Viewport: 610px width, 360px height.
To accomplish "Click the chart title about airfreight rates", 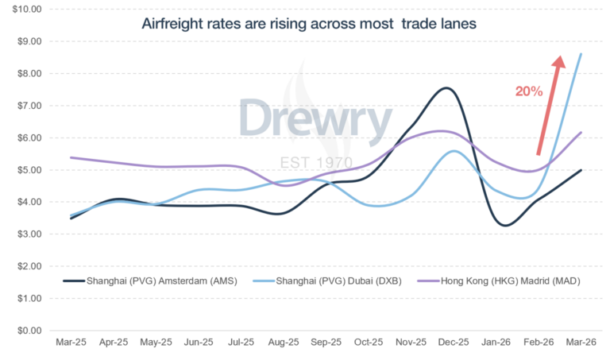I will (x=309, y=24).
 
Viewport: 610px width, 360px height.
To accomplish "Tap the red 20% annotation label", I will (x=528, y=91).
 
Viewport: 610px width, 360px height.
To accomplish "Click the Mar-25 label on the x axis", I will (x=72, y=343).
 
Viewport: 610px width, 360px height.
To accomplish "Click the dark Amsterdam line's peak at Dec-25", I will (x=446, y=87).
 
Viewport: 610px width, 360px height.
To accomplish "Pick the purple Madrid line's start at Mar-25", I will (x=71, y=157).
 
